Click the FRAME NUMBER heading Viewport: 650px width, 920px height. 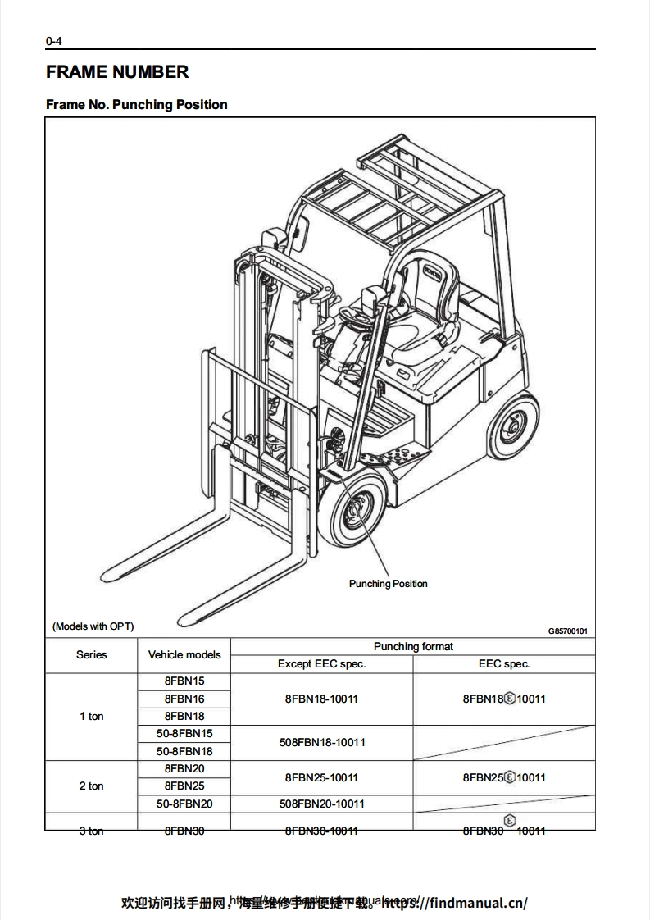[x=117, y=72]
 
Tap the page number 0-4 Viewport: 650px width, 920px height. [x=54, y=41]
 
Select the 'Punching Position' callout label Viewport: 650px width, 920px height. [x=388, y=584]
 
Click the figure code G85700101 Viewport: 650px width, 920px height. [x=570, y=631]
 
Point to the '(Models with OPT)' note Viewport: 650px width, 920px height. [x=93, y=626]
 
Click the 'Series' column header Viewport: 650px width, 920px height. [x=92, y=655]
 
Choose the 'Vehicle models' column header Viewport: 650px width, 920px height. [x=184, y=655]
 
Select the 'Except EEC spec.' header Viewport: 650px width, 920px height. [x=321, y=664]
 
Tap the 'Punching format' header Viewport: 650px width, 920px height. [x=413, y=647]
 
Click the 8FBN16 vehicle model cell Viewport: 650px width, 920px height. [x=184, y=699]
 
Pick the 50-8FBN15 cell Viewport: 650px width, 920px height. [x=184, y=734]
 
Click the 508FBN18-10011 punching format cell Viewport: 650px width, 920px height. [x=321, y=743]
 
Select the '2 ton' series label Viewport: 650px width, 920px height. [x=92, y=786]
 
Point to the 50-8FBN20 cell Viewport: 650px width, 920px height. [x=184, y=804]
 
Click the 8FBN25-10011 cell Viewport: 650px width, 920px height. [x=321, y=777]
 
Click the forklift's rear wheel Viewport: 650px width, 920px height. [x=512, y=426]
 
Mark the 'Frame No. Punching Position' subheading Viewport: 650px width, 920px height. [x=137, y=105]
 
